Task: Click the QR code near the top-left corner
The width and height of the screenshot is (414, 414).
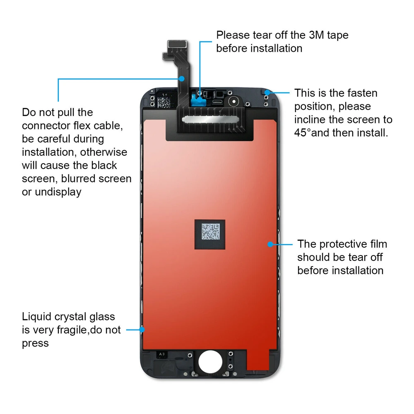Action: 164,102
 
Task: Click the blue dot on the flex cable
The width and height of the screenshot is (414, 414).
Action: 182,78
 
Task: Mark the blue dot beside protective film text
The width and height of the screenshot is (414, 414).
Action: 270,244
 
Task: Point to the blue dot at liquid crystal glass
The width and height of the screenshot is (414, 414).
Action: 142,330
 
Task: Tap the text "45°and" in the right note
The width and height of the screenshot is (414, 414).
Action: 313,133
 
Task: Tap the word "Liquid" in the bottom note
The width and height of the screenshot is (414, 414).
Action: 37,317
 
